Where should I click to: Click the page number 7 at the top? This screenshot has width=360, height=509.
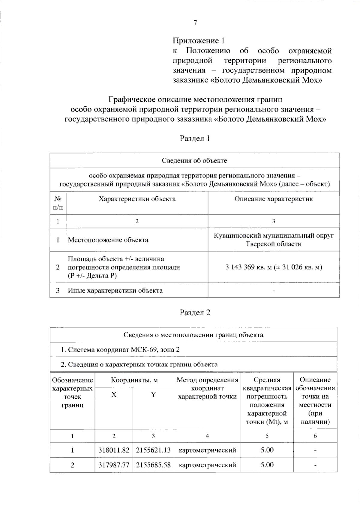click(195, 23)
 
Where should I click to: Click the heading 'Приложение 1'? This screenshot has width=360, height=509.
click(198, 40)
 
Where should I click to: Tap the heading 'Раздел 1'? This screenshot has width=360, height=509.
click(195, 138)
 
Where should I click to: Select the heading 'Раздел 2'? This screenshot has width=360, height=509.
click(195, 313)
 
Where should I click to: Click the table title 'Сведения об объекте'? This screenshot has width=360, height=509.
click(194, 160)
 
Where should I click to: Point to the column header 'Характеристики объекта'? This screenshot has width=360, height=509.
click(137, 199)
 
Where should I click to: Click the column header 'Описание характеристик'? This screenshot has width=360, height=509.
click(273, 199)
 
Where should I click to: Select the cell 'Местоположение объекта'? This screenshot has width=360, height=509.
click(108, 240)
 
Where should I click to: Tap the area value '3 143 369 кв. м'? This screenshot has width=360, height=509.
click(248, 267)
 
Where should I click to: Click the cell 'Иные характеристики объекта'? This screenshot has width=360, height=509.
click(115, 290)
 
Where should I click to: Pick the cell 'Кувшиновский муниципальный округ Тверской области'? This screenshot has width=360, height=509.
click(273, 240)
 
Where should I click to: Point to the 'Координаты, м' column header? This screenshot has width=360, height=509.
click(134, 380)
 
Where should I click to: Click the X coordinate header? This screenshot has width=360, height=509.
click(114, 395)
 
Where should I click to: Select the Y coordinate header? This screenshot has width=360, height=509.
click(153, 395)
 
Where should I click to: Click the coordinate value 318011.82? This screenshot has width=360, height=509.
click(114, 450)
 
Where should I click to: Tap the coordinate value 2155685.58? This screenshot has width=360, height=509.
click(153, 465)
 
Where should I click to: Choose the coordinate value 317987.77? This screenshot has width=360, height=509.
click(114, 465)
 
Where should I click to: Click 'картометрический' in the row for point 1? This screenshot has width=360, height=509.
click(207, 450)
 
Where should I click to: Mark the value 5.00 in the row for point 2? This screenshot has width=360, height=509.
click(267, 465)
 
